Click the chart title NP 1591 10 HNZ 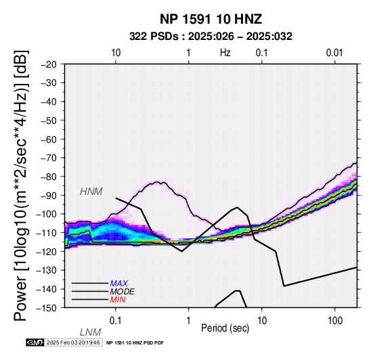point(211,19)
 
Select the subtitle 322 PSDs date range point(211,37)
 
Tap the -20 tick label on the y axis point(49,64)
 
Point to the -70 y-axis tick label point(49,158)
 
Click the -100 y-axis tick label point(47,214)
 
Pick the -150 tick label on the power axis point(47,308)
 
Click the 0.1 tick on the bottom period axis point(116,321)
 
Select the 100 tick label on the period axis point(335,321)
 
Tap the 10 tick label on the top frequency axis point(116,53)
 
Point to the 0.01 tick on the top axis point(334,53)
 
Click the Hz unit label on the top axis point(225,53)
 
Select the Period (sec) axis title point(225,328)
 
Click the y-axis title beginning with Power point(21,185)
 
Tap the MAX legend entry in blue point(119,284)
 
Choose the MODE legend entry point(123,292)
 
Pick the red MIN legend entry point(118,300)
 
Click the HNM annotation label point(91,192)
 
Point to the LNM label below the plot point(91,332)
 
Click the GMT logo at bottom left point(35,342)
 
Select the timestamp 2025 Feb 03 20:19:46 point(73,342)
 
